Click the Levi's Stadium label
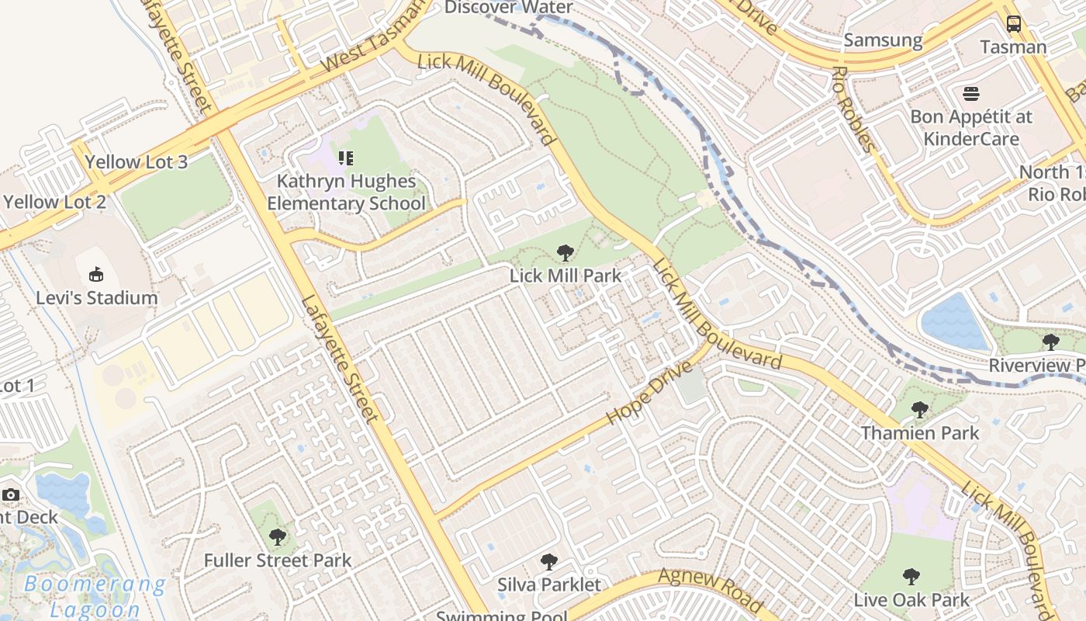pyautogui.click(x=97, y=297)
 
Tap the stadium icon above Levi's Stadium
pyautogui.click(x=96, y=274)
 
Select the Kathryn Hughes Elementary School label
pyautogui.click(x=346, y=193)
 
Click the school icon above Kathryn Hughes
pyautogui.click(x=346, y=158)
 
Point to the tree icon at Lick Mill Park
pyautogui.click(x=565, y=252)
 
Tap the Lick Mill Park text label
pyautogui.click(x=565, y=276)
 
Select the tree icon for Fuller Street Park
pyautogui.click(x=277, y=536)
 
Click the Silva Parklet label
pyautogui.click(x=549, y=585)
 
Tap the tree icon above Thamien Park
pyautogui.click(x=919, y=409)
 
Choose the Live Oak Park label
pyautogui.click(x=911, y=600)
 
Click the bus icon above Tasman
pyautogui.click(x=1013, y=23)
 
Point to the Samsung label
pyautogui.click(x=883, y=40)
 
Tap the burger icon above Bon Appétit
pyautogui.click(x=971, y=94)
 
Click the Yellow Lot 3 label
pyautogui.click(x=137, y=162)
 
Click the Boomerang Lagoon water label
pyautogui.click(x=95, y=596)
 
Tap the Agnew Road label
pyautogui.click(x=711, y=590)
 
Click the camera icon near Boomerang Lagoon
pyautogui.click(x=10, y=494)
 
